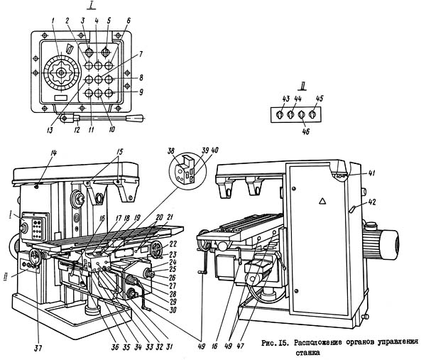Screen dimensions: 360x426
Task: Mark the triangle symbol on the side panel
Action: tap(321, 202)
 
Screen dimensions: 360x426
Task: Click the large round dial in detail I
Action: tap(59, 74)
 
